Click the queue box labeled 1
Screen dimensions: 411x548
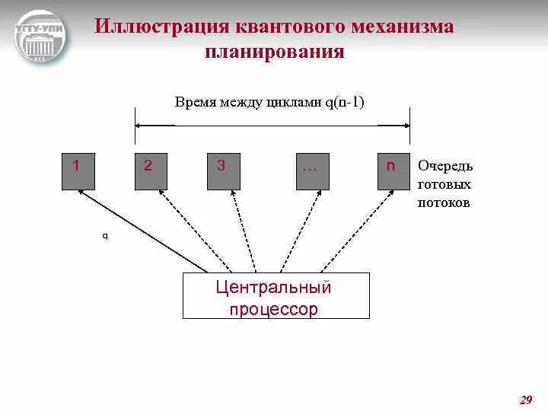tap(78, 170)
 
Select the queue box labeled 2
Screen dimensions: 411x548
tap(151, 170)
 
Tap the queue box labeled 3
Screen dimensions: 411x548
tap(223, 170)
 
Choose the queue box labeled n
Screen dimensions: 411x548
tap(393, 170)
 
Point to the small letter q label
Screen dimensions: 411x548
tap(105, 236)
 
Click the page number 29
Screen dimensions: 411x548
tap(525, 400)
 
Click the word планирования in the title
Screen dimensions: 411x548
tap(274, 53)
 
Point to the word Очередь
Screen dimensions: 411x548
tap(446, 166)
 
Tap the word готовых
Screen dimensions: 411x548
tap(444, 185)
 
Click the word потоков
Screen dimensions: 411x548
tap(444, 203)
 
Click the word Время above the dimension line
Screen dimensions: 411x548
tap(194, 100)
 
